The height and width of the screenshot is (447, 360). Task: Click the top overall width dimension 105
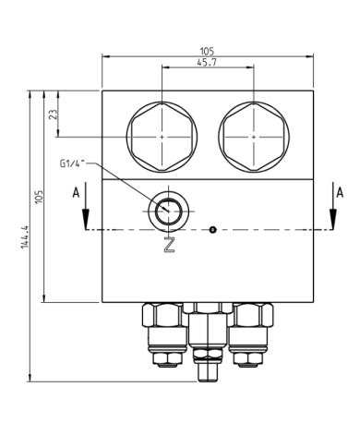(x=208, y=51)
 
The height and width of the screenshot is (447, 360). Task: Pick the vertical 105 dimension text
(x=39, y=196)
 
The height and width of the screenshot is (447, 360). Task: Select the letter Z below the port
(x=168, y=245)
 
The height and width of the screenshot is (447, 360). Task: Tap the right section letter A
(x=340, y=192)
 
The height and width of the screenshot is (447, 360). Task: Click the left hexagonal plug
(x=162, y=136)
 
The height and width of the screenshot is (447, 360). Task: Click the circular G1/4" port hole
(x=169, y=210)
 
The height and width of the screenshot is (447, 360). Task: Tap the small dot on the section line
(x=212, y=229)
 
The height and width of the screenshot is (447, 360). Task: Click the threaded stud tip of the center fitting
(x=205, y=373)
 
